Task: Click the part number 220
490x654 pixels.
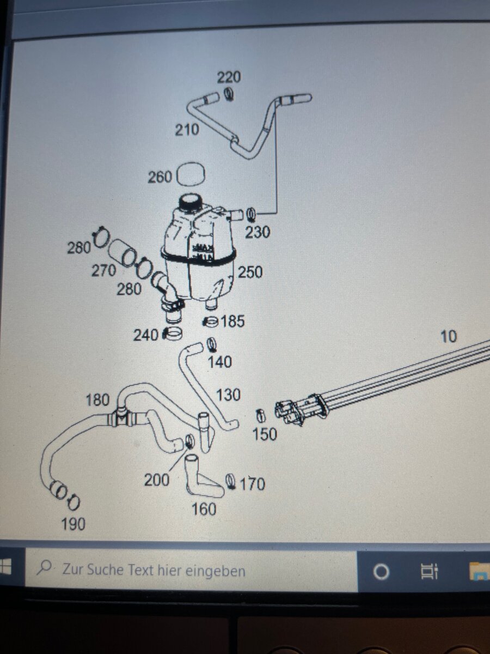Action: click(x=229, y=77)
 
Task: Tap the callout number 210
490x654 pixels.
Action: click(x=187, y=130)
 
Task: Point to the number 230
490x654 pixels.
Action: click(x=257, y=232)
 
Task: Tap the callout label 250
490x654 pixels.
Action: click(x=250, y=272)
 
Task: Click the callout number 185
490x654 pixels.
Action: click(x=233, y=322)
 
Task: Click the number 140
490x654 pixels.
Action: click(x=220, y=361)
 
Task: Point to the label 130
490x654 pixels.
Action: click(x=228, y=395)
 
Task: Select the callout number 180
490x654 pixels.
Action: click(x=97, y=400)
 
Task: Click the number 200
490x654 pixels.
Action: click(x=156, y=480)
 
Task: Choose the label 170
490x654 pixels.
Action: click(x=252, y=483)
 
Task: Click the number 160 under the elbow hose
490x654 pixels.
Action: click(x=204, y=509)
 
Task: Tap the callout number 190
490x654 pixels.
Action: click(x=73, y=524)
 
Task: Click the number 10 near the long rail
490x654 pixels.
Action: click(x=448, y=337)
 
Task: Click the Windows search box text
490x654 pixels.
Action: click(x=154, y=571)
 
